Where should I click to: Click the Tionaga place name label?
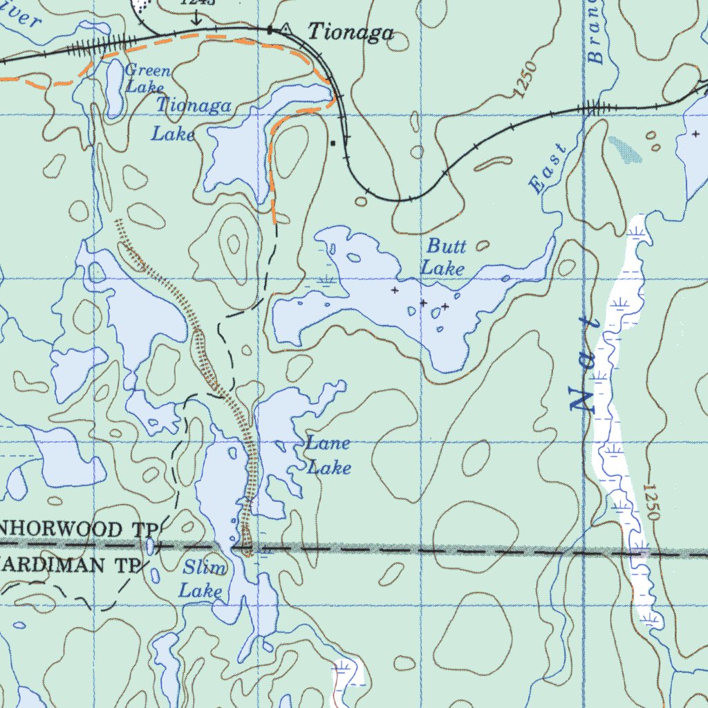click(x=351, y=32)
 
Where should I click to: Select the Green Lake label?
click(x=147, y=78)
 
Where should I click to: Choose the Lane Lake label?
click(x=328, y=456)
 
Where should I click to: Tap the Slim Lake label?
click(x=203, y=579)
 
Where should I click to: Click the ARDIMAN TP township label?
click(x=69, y=564)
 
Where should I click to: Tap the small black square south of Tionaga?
click(x=333, y=144)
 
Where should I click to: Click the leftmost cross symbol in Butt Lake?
click(x=395, y=290)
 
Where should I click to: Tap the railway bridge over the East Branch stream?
click(x=593, y=108)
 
